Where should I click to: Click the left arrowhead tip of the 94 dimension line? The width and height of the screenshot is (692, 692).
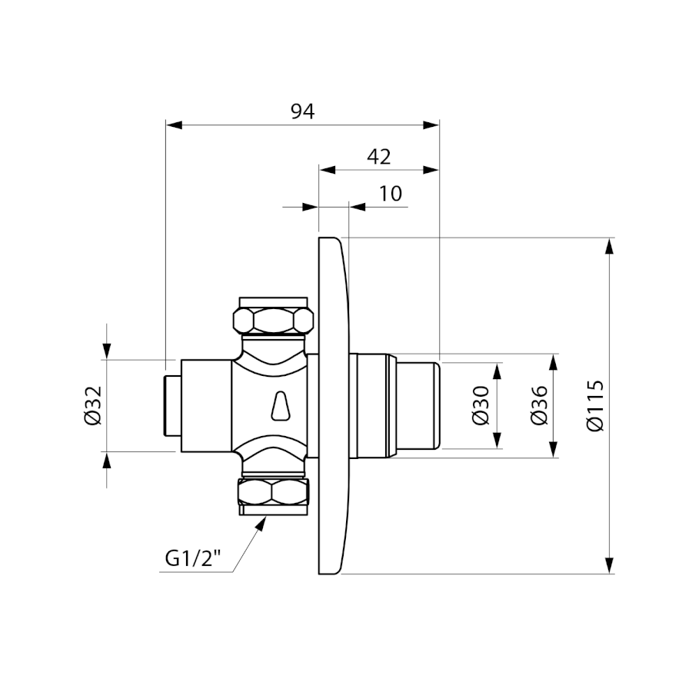click(166, 125)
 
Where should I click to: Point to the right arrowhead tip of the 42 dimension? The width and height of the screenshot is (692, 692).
click(439, 170)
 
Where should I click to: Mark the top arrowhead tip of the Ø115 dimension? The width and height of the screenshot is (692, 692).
click(610, 238)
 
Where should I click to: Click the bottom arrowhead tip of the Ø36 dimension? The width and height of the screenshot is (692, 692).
click(554, 457)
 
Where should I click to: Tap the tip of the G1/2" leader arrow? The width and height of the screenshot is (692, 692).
click(266, 517)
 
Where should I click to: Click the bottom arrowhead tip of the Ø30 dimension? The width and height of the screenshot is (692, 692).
click(497, 448)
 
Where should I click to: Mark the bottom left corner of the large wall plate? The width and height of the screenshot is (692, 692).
click(318, 574)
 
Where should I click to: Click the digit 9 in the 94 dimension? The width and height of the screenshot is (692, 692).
click(297, 111)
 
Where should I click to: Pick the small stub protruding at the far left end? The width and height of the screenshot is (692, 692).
click(172, 405)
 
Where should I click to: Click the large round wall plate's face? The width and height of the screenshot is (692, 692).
click(334, 406)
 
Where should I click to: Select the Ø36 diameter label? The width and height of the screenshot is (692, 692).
click(539, 405)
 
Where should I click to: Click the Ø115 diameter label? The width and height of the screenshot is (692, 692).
click(595, 405)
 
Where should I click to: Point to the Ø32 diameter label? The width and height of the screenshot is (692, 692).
click(93, 405)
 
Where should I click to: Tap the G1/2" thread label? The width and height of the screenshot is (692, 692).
click(193, 559)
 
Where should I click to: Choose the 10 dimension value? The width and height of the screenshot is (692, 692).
click(391, 193)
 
